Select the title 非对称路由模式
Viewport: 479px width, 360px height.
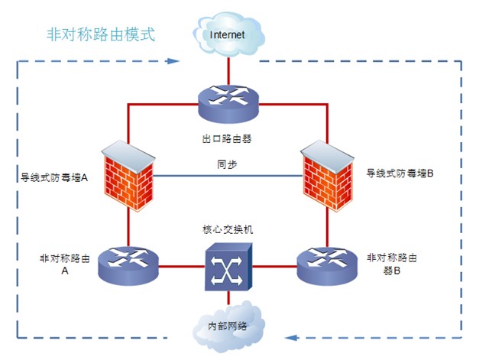[x=100, y=34]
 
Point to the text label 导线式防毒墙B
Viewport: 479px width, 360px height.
[x=400, y=174]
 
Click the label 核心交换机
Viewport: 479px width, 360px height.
[x=228, y=229]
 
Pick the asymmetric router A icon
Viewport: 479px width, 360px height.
[x=128, y=264]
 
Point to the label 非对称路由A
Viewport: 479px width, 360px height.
[x=66, y=264]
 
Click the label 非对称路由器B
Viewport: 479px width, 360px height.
[x=392, y=264]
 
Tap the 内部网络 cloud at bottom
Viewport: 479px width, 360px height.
[x=228, y=325]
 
